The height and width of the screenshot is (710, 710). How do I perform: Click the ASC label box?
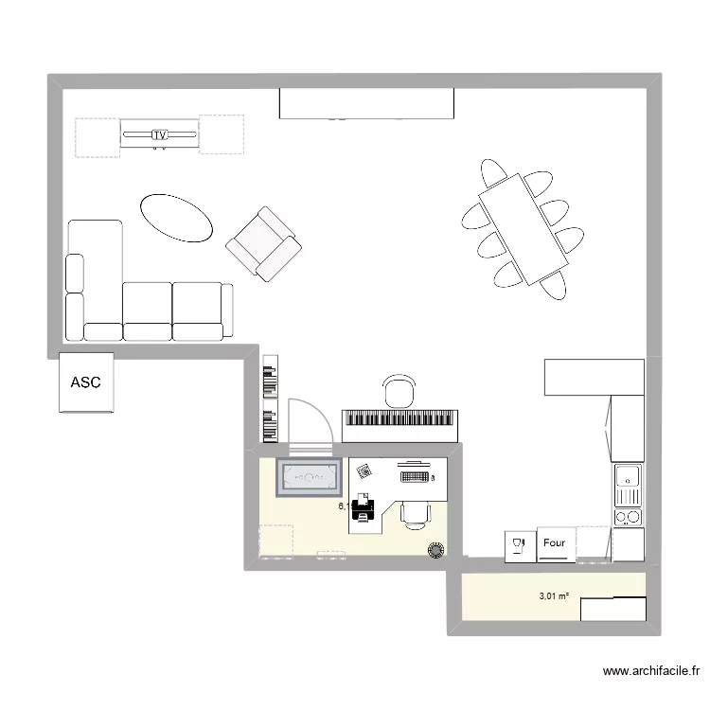tap(86, 382)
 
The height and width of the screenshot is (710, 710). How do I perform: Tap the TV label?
tap(159, 135)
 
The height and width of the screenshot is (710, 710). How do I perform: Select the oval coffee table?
tap(177, 219)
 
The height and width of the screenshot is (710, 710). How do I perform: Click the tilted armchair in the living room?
tap(264, 244)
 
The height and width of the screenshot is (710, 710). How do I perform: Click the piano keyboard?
tap(401, 419)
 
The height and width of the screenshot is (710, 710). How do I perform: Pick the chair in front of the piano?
tap(400, 389)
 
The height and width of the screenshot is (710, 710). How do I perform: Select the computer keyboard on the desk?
tap(414, 475)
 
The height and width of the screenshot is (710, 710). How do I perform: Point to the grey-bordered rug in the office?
tap(309, 476)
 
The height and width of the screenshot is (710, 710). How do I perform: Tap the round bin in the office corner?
tap(436, 550)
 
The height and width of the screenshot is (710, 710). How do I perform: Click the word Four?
tap(555, 543)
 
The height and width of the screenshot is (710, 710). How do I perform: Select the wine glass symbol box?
tap(518, 544)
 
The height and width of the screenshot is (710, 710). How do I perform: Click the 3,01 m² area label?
tap(554, 596)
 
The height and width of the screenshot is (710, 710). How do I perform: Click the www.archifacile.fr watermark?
tap(651, 673)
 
